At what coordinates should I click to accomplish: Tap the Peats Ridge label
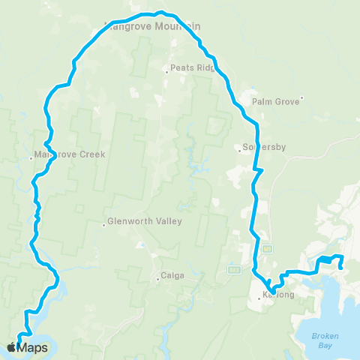pyautogui.click(x=193, y=67)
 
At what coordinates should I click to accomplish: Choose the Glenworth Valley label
pyautogui.click(x=145, y=221)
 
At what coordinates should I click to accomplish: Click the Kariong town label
pyautogui.click(x=277, y=295)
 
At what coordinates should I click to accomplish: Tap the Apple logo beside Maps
pyautogui.click(x=11, y=347)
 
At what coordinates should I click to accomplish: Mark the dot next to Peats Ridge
pyautogui.click(x=166, y=72)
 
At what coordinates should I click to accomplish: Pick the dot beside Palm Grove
pyautogui.click(x=301, y=97)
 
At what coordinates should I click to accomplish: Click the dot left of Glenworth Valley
pyautogui.click(x=104, y=222)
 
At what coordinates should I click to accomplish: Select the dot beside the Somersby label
pyautogui.click(x=239, y=148)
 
